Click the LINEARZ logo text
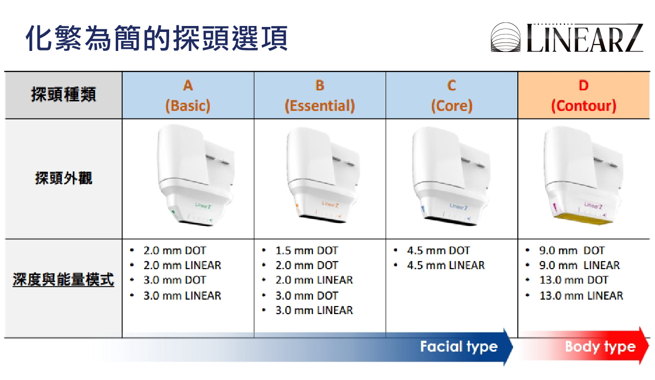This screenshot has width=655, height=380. point(585,38)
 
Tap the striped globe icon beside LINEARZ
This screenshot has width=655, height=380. point(505,37)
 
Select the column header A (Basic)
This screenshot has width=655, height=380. point(188,95)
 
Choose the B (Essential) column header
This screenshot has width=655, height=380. point(320,95)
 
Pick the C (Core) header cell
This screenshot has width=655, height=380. point(452,95)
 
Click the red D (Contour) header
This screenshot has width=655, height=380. point(584,95)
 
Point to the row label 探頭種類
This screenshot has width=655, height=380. point(63,94)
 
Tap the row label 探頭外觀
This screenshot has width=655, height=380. point(63,178)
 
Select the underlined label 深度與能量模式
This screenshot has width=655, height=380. point(63,279)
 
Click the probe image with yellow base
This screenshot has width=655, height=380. point(583,176)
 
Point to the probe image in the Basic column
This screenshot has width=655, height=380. point(196,175)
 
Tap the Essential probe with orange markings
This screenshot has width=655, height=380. point(323,176)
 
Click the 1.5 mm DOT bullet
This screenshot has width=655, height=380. point(306,251)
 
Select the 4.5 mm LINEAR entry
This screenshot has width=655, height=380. point(445,266)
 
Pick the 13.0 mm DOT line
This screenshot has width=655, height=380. point(574,280)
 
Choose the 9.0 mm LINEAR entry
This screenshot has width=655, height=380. point(579,266)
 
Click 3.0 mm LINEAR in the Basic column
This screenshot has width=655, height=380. point(182,296)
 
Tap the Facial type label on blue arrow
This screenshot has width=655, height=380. point(459,347)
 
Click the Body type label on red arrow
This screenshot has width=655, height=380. point(600,347)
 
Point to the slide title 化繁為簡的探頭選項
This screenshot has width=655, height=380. point(157,38)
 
